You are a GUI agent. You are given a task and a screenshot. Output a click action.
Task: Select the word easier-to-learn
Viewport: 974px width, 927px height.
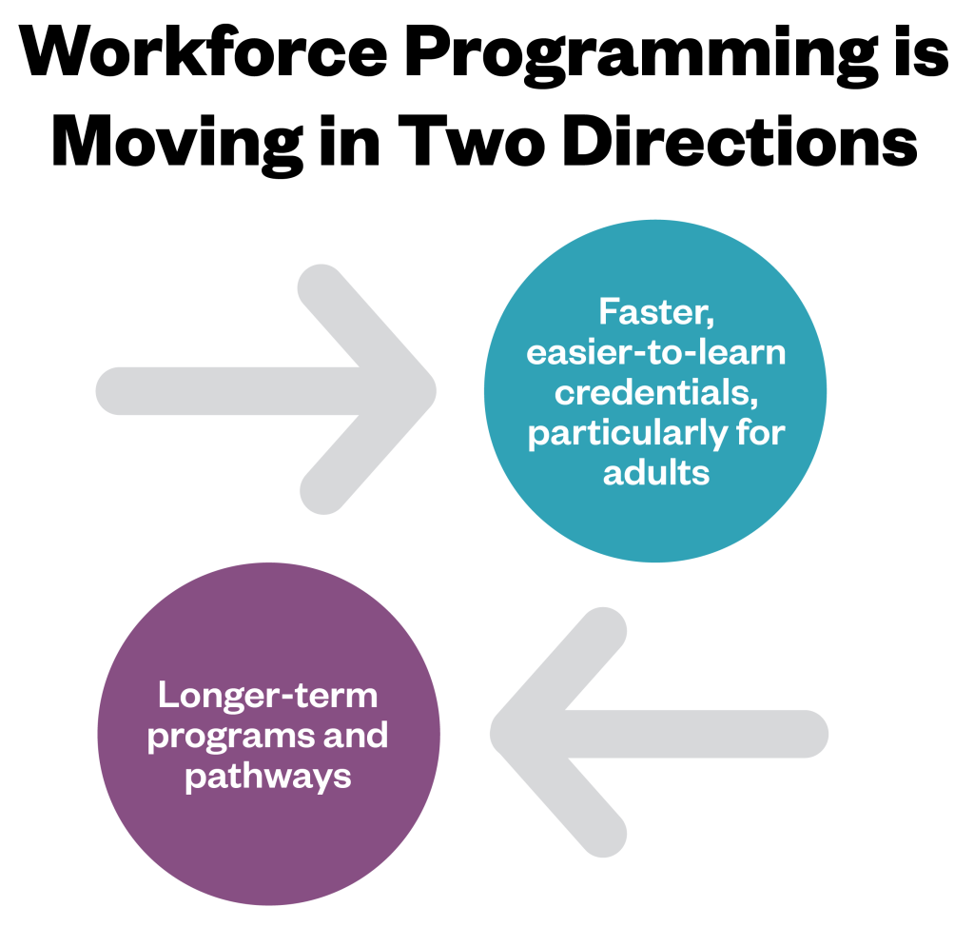point(655,352)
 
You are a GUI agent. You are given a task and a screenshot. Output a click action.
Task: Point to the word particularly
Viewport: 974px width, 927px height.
point(616,433)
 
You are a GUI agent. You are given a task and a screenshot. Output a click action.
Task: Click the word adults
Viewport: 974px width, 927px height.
point(656,472)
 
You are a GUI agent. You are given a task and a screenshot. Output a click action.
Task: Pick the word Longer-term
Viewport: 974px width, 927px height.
point(267,695)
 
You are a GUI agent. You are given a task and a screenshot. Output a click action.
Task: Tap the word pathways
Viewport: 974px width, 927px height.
point(267,776)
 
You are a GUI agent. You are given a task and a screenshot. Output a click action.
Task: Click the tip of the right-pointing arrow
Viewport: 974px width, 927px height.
point(430,390)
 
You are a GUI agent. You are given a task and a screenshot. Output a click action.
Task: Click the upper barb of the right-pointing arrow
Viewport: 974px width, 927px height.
point(323,286)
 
